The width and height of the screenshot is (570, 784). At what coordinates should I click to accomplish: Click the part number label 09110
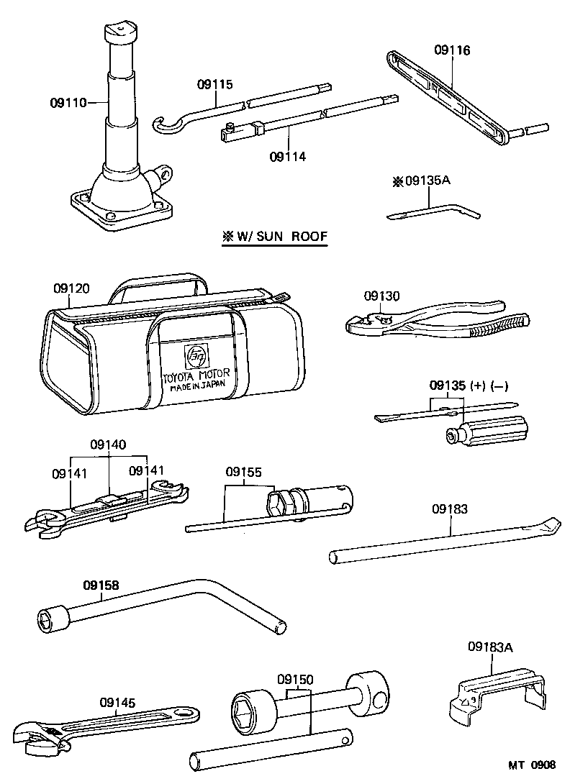pos(68,103)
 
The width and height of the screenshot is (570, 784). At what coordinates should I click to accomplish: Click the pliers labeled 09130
pos(432,323)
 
